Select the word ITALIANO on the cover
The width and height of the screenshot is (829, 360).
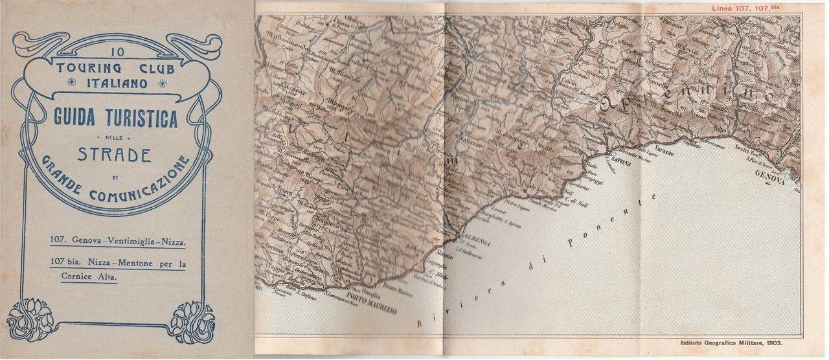coord(118,82)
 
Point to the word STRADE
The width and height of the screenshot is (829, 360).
coord(114,155)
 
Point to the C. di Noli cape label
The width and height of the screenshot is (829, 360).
coord(573,201)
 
